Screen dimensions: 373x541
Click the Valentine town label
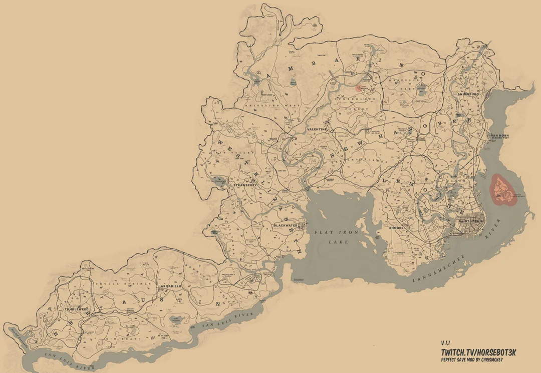click(317, 129)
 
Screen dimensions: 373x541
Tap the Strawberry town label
click(245, 185)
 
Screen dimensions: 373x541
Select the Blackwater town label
click(286, 225)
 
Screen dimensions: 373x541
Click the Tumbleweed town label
click(76, 309)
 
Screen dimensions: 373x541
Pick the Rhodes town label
click(396, 227)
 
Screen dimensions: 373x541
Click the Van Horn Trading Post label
click(499, 137)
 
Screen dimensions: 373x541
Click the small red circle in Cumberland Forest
click(359, 88)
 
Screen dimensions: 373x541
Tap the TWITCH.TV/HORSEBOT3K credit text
click(478, 353)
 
